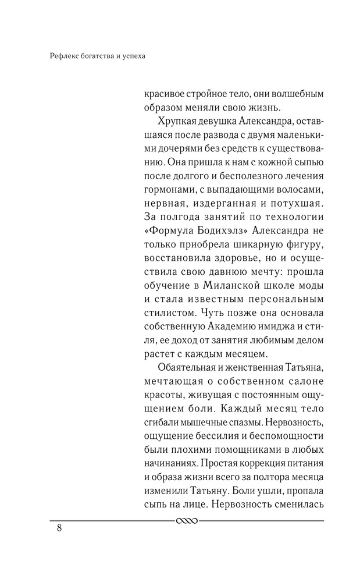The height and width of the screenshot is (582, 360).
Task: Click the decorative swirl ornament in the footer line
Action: click(x=187, y=520)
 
